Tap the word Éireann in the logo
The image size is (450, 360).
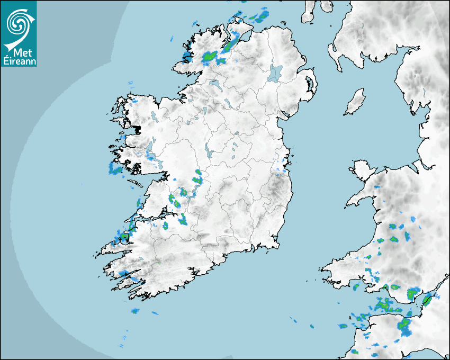point(19,61)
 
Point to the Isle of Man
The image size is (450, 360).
point(355,102)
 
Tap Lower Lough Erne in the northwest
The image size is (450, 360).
point(215,85)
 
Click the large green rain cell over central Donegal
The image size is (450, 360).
point(210,56)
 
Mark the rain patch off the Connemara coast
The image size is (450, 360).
point(114,169)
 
